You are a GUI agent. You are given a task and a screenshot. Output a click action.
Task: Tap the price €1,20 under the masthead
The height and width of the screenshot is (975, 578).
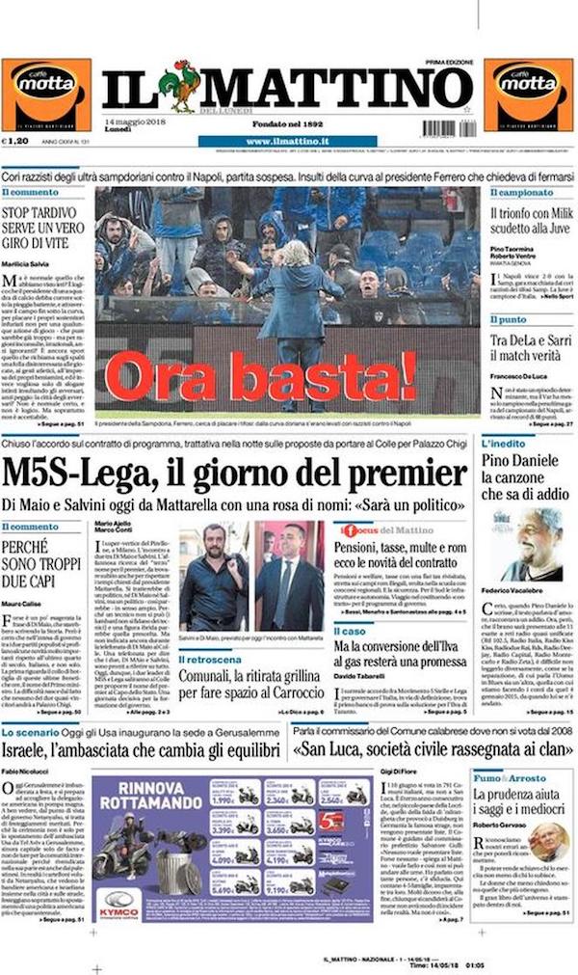pos(18,140)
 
